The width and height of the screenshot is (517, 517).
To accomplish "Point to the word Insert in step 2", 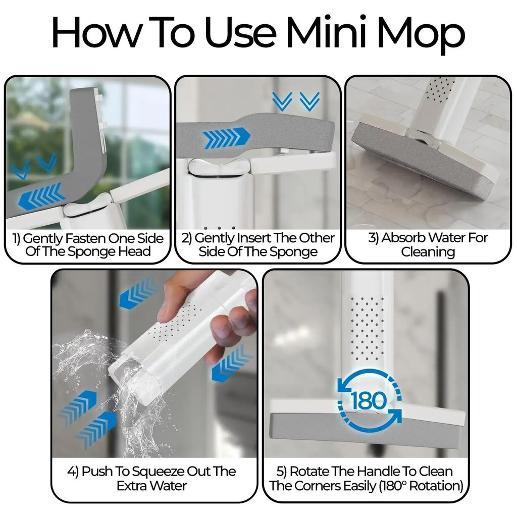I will (x=248, y=238).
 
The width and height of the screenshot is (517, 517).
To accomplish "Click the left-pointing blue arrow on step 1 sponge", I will (x=41, y=196).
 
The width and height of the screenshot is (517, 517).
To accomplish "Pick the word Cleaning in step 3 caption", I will (x=429, y=251).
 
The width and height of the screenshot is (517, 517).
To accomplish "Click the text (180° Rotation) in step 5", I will (x=422, y=486).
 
